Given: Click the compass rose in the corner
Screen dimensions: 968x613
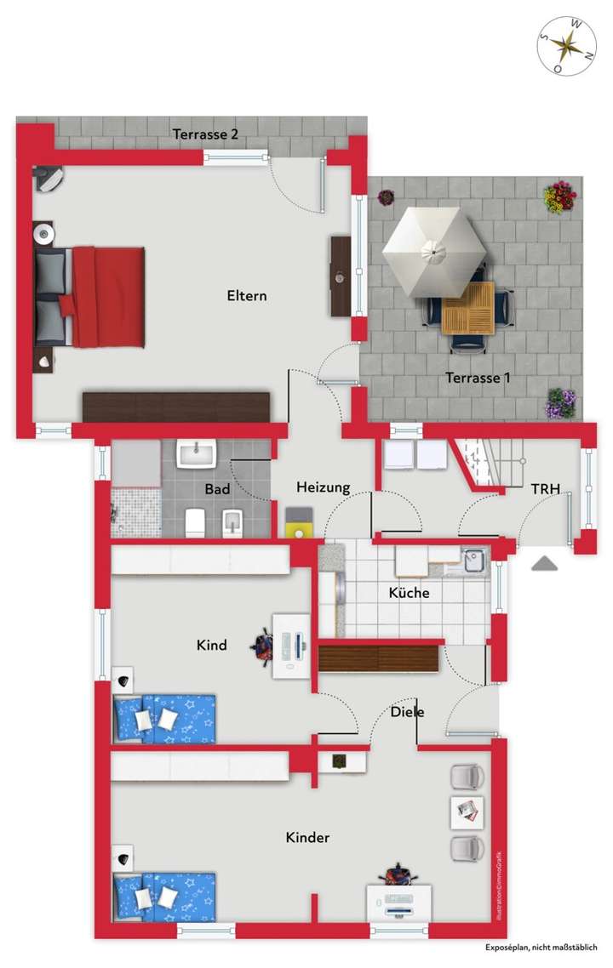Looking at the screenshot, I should click(x=566, y=45).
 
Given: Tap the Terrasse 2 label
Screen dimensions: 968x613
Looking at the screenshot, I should click(x=205, y=134).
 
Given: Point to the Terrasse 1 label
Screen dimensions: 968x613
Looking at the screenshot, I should click(x=478, y=378).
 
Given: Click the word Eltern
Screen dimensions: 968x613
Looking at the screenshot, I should click(x=247, y=296).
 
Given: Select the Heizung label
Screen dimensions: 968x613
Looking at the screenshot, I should click(x=324, y=487).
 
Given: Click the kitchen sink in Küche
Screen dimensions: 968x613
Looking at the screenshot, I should click(x=473, y=560).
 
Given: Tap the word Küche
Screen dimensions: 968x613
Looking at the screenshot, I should click(x=409, y=593).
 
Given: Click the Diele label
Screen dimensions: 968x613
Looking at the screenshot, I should click(x=407, y=712).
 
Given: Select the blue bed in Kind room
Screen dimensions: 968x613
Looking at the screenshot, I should click(x=164, y=719).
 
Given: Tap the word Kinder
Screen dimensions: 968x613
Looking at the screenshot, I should click(x=307, y=838).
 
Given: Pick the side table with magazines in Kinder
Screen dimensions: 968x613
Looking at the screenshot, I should click(x=466, y=811).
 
